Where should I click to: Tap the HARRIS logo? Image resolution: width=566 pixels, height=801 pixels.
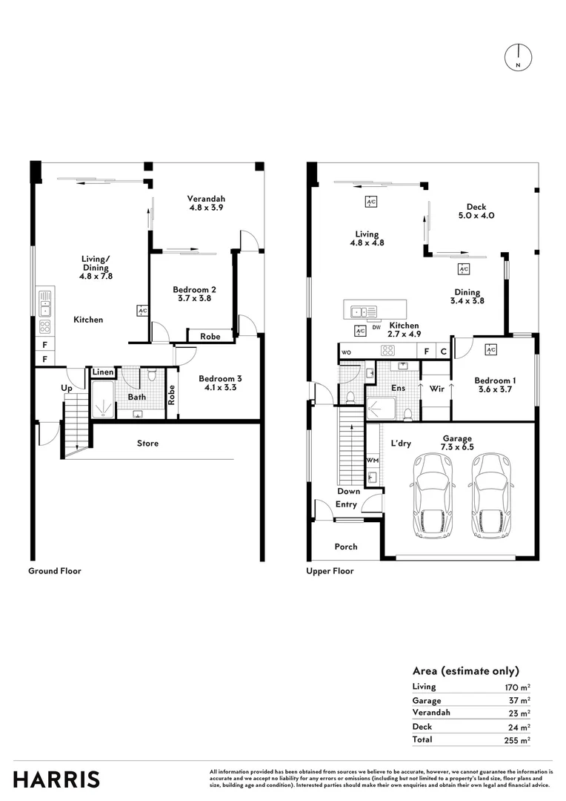[x=56, y=779]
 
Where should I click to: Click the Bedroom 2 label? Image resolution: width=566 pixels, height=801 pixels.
[x=194, y=289]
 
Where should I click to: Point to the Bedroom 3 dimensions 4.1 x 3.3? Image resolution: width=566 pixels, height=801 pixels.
[x=220, y=387]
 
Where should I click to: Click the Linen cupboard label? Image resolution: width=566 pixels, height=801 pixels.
[x=103, y=372]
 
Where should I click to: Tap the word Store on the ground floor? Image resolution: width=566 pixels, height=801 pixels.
[x=147, y=444]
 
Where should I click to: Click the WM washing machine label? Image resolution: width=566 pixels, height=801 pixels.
[x=372, y=461]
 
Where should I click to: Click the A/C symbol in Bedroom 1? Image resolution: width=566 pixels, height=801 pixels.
[x=490, y=349]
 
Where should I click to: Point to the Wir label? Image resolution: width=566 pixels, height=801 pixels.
[x=436, y=387]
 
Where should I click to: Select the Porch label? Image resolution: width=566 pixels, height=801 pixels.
[x=345, y=547]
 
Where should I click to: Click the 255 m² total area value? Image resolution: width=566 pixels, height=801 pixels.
[x=519, y=740]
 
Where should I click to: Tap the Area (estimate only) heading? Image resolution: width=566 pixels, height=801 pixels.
[x=465, y=670]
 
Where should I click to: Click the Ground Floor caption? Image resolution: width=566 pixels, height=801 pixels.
[x=55, y=571]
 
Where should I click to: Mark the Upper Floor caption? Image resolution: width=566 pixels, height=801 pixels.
[x=330, y=571]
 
